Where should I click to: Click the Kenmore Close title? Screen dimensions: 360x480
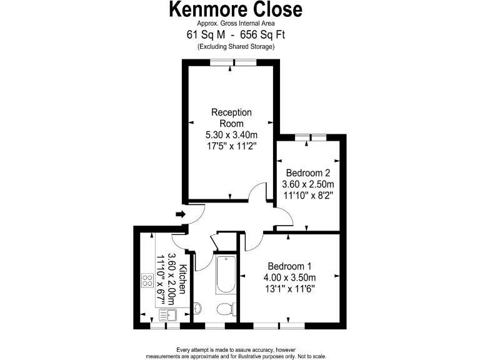(x=236, y=10)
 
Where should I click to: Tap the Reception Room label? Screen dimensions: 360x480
(x=231, y=117)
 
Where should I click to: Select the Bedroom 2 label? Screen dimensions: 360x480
(x=307, y=172)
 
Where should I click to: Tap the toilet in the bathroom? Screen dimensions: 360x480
(x=226, y=308)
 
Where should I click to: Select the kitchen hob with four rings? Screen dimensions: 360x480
(x=149, y=281)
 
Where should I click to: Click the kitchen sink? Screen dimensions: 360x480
(x=169, y=315)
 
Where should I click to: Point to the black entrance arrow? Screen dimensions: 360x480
(x=181, y=214)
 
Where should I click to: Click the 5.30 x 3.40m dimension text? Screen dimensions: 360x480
(x=231, y=134)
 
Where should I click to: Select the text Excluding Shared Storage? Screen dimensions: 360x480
(x=236, y=47)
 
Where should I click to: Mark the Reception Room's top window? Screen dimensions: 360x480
(x=232, y=62)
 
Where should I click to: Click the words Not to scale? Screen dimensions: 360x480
(x=310, y=356)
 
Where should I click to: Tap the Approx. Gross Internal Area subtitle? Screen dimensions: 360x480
(x=236, y=24)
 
